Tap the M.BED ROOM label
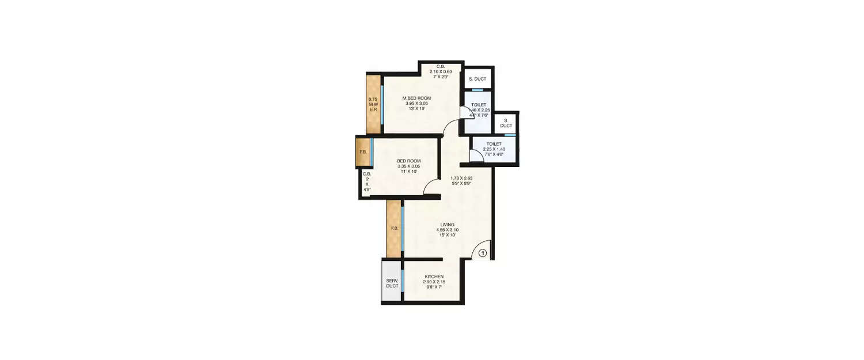(416, 98)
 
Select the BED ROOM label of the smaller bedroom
(409, 161)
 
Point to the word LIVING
(448, 224)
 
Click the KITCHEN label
(434, 276)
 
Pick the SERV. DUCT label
(392, 283)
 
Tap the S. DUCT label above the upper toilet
(478, 79)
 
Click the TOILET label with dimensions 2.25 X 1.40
(494, 144)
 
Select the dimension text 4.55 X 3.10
(448, 229)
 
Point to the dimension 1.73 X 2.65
(461, 179)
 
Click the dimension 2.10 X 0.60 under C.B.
(441, 71)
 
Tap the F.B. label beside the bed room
(363, 152)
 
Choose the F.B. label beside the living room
(395, 229)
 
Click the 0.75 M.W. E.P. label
(373, 104)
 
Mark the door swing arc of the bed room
(431, 185)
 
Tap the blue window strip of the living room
(402, 229)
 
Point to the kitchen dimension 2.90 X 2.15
(434, 282)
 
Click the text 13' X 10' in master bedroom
(416, 109)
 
